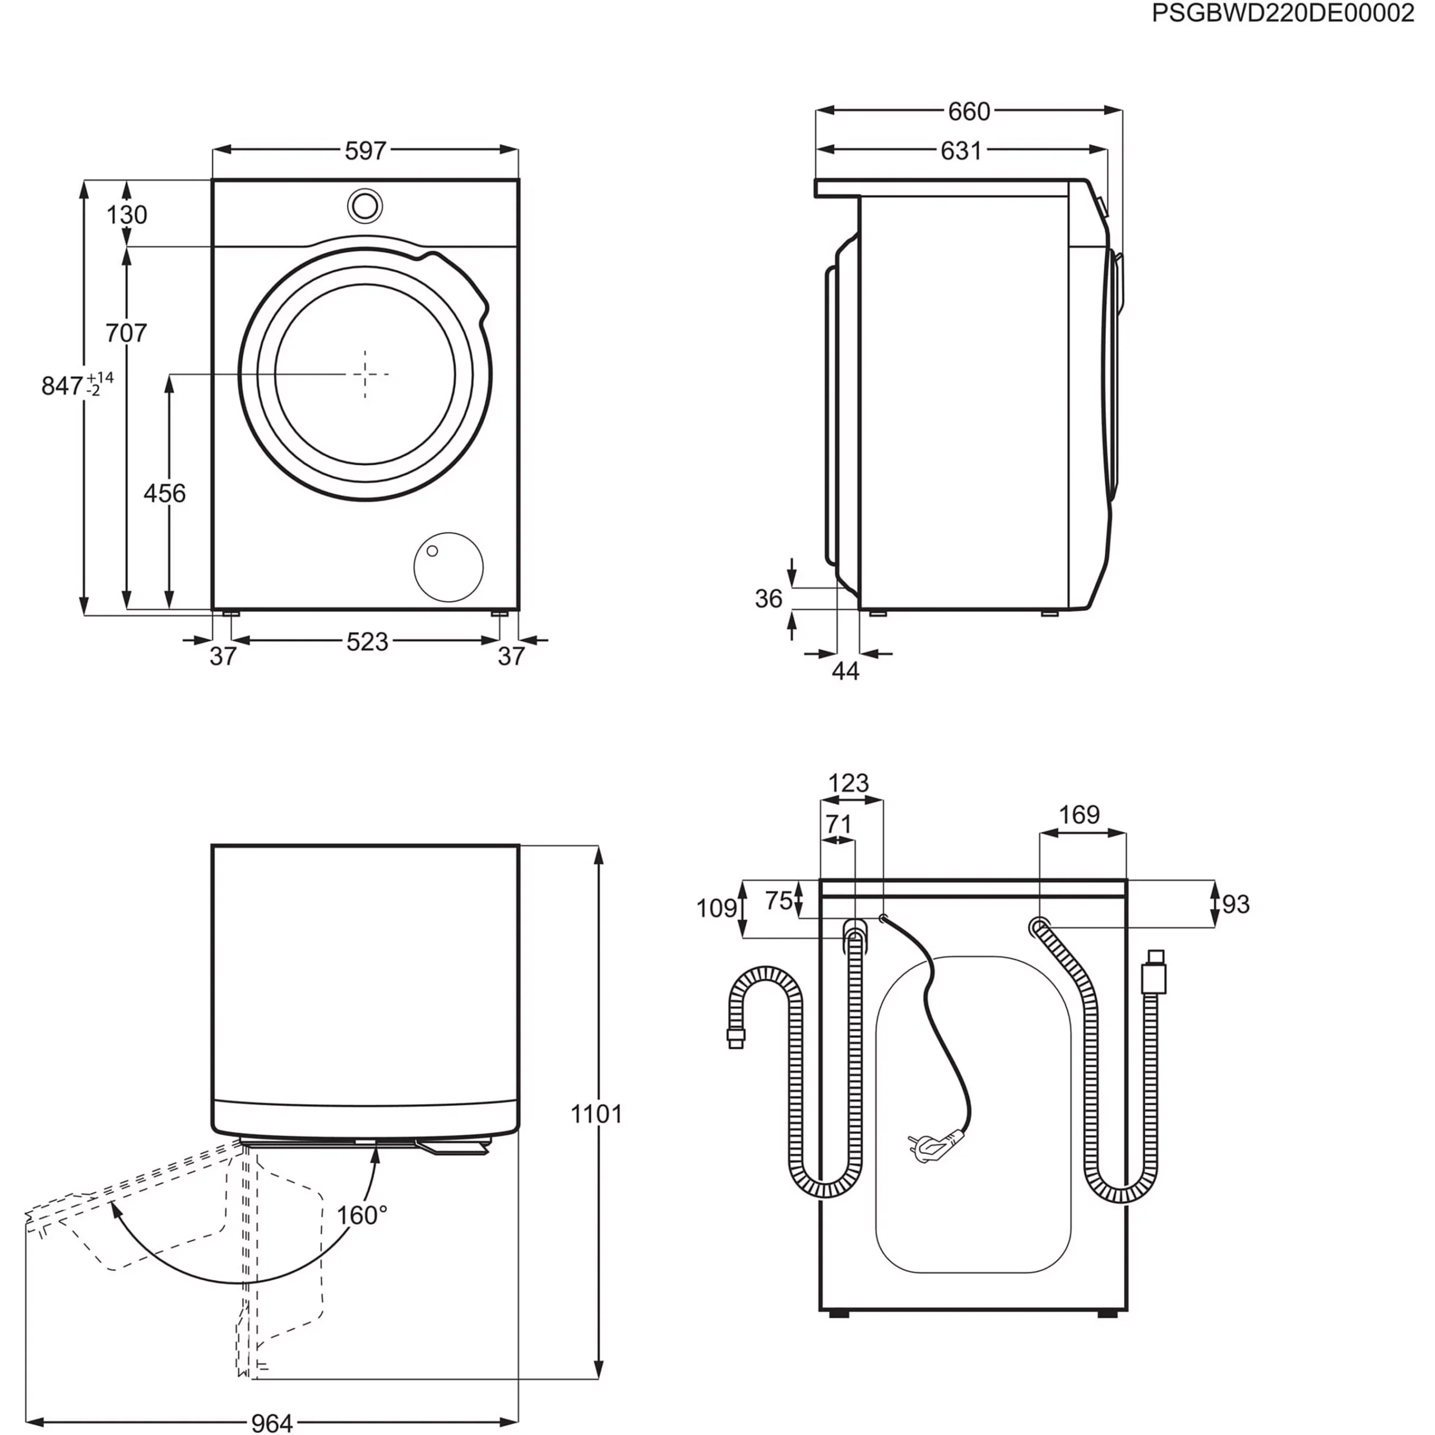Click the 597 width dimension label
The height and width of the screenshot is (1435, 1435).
pos(365,151)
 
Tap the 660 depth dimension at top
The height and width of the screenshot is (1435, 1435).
pos(969,112)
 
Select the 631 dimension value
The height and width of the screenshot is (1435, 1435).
pos(961,151)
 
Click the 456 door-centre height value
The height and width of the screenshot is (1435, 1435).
pos(164,493)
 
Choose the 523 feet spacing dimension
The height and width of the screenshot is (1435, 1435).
pos(367,641)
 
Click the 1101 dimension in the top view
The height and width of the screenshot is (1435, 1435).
pos(596,1114)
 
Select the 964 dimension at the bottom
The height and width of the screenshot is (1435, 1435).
pos(272,1422)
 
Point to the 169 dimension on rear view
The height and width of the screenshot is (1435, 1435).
pos(1078,815)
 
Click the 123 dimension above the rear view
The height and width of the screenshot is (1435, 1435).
pos(848,783)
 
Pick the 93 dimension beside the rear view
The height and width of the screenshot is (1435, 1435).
pos(1236,904)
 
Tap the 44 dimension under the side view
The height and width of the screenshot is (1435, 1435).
pos(845,671)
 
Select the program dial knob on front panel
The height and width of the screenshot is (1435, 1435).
pos(365,206)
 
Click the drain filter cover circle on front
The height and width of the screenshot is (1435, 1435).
pos(448,567)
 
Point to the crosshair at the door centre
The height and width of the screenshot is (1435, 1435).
pos(365,374)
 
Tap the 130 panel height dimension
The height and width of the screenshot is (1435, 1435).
pos(127,215)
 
